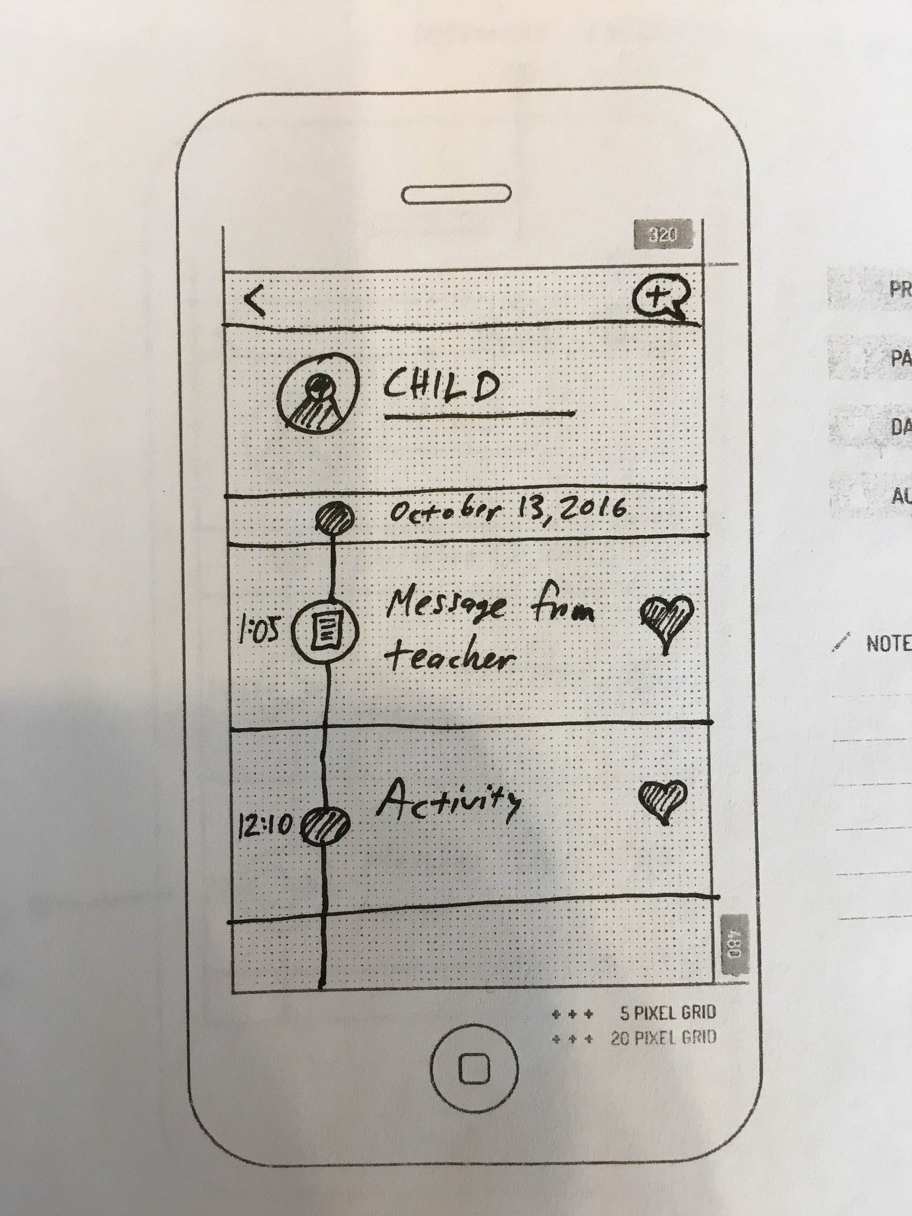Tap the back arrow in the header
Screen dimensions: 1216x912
pos(255,300)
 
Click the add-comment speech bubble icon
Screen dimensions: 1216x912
pos(661,299)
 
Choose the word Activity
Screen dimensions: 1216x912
pos(449,803)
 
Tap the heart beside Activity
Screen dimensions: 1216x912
pos(662,799)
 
